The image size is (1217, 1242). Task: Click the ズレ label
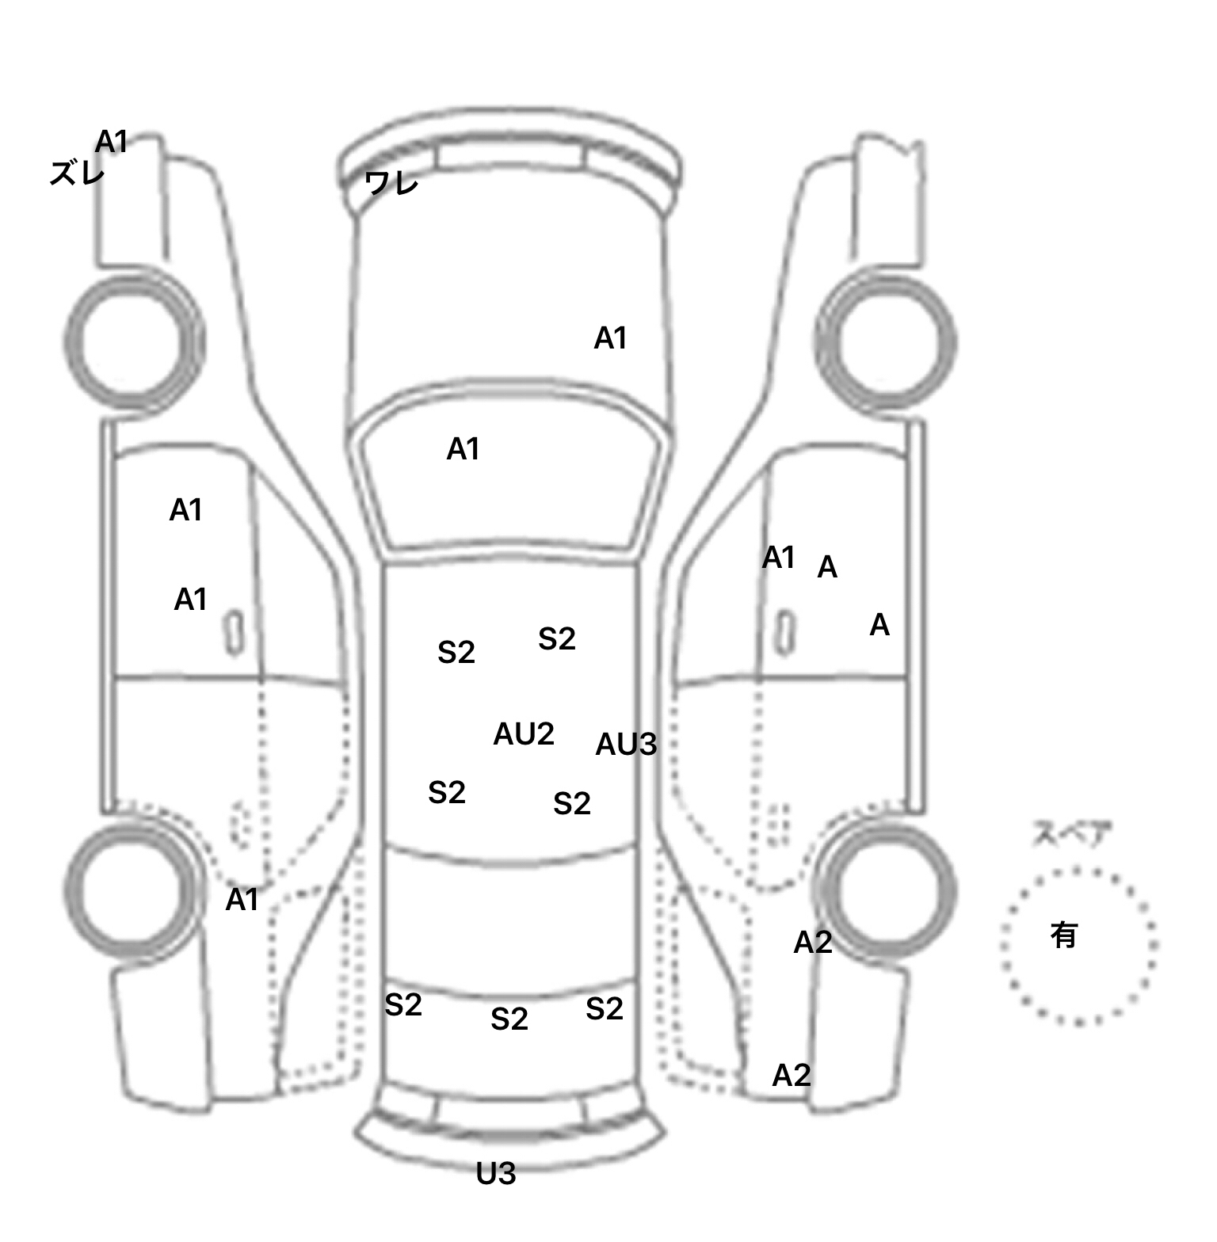coord(77,173)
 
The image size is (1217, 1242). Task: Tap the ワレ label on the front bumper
coord(391,183)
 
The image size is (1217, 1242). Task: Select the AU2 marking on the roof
coord(523,734)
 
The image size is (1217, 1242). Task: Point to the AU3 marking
coord(626,745)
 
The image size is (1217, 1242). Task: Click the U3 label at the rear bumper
coord(496,1174)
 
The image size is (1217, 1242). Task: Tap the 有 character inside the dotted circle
coord(1064,935)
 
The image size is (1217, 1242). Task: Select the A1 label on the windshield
coord(463,450)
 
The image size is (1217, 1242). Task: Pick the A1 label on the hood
coord(610,338)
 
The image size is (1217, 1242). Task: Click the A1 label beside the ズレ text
coord(112,142)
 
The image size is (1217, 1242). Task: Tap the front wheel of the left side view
coord(133,341)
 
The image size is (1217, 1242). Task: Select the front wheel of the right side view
coord(886,341)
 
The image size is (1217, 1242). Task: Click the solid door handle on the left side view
coord(234,632)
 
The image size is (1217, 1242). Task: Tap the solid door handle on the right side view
coord(784,632)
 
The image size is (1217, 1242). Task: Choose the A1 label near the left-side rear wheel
coord(242,900)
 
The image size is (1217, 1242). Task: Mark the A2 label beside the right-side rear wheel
coord(813,943)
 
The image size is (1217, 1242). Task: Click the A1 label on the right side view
coord(778,558)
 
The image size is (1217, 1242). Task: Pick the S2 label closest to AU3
coord(571,804)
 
